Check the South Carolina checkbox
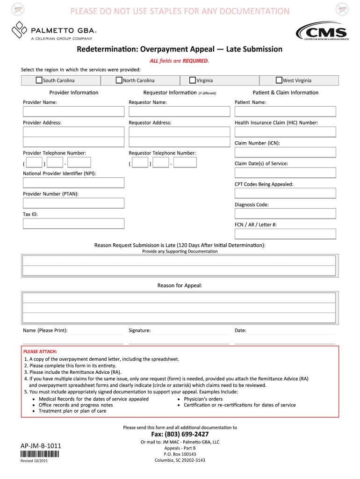point(39,80)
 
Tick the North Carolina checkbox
point(119,80)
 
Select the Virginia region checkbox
point(192,80)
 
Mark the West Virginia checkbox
point(279,80)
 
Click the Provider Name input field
point(74,111)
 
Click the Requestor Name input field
point(180,111)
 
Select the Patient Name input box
point(285,111)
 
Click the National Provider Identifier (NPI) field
point(74,182)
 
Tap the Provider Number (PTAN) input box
point(74,203)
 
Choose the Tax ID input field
point(74,224)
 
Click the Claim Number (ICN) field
point(285,152)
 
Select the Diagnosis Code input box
point(285,214)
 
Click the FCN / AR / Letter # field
point(285,234)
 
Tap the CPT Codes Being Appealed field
point(285,193)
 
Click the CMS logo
point(322,32)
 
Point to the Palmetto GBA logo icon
point(19,30)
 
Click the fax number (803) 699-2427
point(180,435)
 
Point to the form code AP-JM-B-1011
point(41,446)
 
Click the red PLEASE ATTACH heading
point(40,351)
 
